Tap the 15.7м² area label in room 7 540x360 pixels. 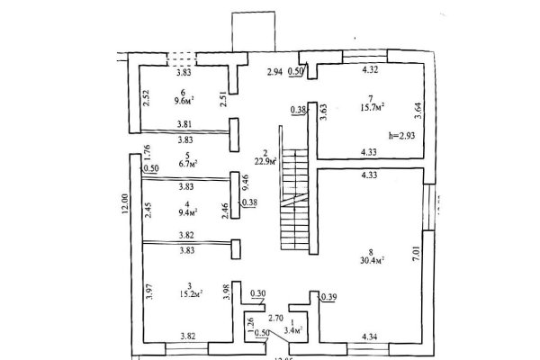(x=373, y=107)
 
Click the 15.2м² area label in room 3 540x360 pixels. (x=186, y=292)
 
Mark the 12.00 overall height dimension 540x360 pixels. (x=125, y=212)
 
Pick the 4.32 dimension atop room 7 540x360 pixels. (x=369, y=68)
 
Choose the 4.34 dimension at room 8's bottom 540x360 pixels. (x=369, y=337)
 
